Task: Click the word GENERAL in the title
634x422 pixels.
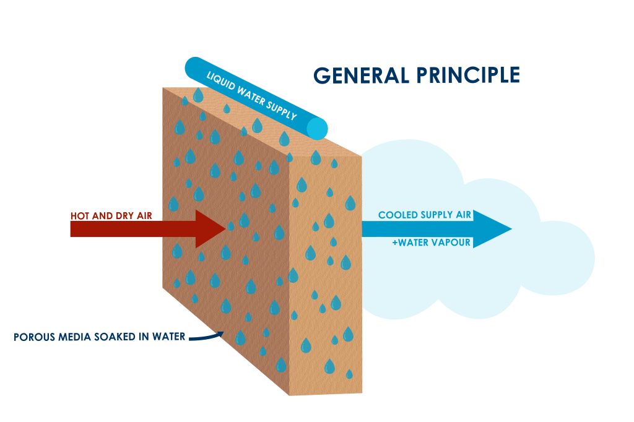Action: (x=362, y=75)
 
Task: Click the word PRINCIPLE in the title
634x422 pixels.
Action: (x=468, y=75)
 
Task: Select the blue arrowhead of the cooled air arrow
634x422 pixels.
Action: (x=492, y=229)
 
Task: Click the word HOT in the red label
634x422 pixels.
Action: (x=80, y=216)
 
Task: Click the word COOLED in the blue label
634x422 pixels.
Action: (x=398, y=215)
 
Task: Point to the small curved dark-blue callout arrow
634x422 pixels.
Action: (x=206, y=337)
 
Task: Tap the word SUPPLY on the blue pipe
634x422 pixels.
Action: (x=282, y=109)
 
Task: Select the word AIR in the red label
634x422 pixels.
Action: (x=144, y=216)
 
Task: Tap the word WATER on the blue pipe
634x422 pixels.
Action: (x=251, y=95)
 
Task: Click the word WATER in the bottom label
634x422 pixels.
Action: (x=168, y=337)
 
